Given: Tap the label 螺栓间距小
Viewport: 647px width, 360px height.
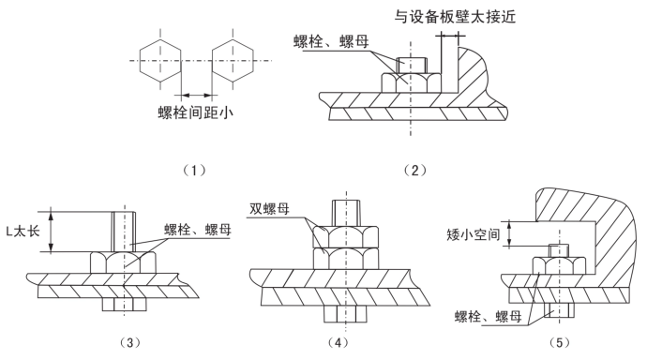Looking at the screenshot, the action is coord(196,112).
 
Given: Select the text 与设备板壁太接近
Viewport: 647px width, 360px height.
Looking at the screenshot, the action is coord(455,17).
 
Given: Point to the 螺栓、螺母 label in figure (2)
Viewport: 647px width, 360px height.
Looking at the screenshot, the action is coord(331,41).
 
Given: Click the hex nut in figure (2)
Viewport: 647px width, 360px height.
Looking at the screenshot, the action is coord(410,82).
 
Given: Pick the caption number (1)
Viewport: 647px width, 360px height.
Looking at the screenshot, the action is coord(194,170).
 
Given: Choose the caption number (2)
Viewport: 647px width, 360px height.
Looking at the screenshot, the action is coord(414,170).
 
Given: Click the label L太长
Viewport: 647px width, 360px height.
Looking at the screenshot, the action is coord(23,231).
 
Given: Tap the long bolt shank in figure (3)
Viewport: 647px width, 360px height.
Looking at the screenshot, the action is coord(124,232).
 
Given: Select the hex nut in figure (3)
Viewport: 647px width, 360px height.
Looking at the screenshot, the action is coord(123,262).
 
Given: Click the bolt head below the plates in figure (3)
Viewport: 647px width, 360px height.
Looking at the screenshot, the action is coord(124,305).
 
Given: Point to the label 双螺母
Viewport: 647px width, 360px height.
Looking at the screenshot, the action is coord(269,209).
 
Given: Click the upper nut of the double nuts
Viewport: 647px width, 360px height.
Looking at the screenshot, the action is coord(346,236).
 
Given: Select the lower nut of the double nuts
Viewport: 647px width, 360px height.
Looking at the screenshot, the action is coord(346,258).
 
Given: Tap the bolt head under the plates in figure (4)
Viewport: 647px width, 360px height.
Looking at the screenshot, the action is coord(345,314).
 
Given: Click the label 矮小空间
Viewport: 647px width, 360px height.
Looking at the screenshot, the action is coord(473,234).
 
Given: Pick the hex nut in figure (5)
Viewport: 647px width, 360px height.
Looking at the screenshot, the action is coord(559,265).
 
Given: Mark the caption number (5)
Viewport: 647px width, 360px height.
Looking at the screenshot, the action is coord(559,342).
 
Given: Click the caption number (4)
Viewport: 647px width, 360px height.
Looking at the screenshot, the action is coord(338,342).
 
